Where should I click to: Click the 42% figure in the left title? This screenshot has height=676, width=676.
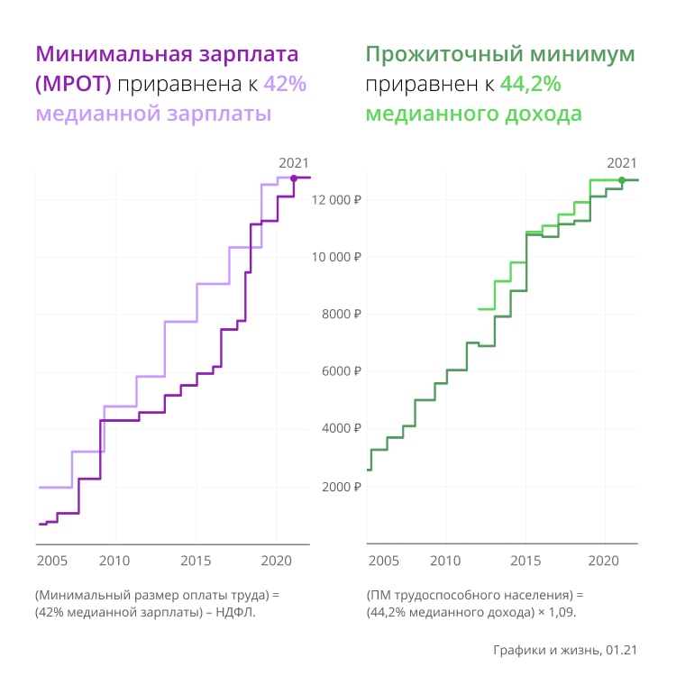click(x=285, y=85)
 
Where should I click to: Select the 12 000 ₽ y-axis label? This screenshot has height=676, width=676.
click(x=335, y=200)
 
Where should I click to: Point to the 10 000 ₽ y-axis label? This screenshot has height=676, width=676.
click(x=335, y=257)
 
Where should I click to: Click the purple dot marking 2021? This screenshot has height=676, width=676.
click(x=294, y=178)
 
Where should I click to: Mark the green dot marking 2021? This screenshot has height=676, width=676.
click(x=621, y=180)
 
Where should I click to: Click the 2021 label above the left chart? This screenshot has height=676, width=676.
click(x=294, y=162)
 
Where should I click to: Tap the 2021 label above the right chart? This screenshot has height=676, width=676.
click(x=621, y=162)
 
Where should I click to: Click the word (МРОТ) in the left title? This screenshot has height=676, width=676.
click(x=73, y=85)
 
